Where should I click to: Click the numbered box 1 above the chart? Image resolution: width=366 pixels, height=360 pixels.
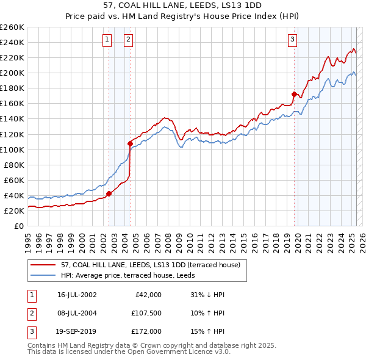(107, 40)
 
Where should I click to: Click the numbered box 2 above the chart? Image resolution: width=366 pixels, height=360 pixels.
(129, 40)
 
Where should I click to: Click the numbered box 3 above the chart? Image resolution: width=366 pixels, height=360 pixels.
(292, 40)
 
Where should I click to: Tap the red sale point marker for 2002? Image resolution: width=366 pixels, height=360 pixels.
(109, 193)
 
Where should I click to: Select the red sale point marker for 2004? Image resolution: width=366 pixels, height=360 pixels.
(131, 143)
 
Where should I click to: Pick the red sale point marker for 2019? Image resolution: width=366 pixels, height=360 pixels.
(294, 94)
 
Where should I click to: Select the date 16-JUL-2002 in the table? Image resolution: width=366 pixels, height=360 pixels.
(77, 295)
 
